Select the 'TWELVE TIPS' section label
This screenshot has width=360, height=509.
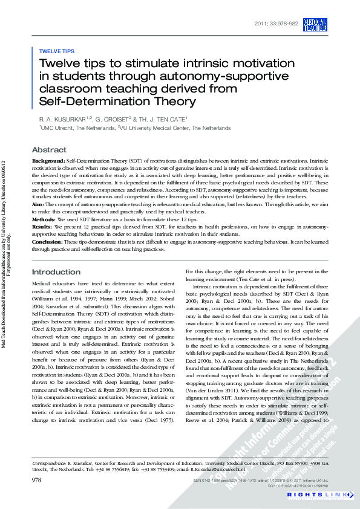tap(56, 51)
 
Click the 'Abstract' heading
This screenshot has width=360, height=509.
tap(49, 150)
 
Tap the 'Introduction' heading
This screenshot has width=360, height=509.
tap(56, 272)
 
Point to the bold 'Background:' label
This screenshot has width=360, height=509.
tap(48, 162)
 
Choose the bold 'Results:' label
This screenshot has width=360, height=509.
tap(44, 227)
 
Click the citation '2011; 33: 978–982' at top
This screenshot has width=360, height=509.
tap(277, 23)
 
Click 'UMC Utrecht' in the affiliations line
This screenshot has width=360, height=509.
tap(59, 128)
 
